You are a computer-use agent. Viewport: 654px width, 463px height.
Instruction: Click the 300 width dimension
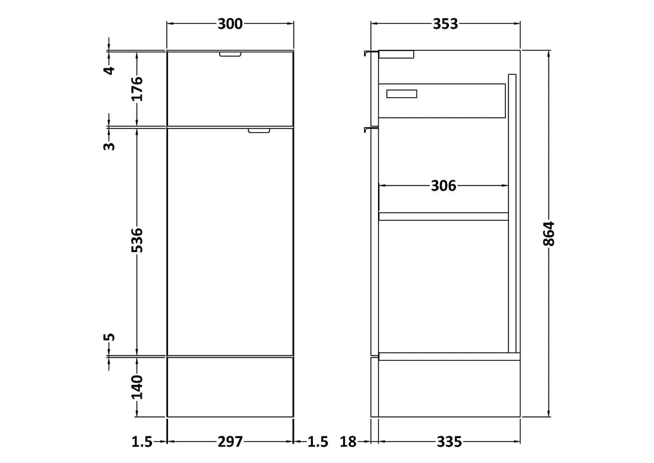(230, 24)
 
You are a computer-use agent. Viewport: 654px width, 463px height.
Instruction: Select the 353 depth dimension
(445, 24)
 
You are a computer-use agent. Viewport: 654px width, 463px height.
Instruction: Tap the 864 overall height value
(549, 233)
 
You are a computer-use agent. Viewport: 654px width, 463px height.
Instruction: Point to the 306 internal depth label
(443, 185)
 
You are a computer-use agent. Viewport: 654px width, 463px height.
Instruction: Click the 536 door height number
(137, 240)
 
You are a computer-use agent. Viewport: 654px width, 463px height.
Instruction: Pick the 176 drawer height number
(137, 88)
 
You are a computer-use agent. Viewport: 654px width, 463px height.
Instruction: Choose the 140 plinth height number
(137, 387)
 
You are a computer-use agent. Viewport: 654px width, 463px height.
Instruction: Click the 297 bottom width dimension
(230, 441)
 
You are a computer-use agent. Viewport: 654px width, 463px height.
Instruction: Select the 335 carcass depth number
(449, 441)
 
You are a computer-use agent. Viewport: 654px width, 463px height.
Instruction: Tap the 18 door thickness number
(348, 441)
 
